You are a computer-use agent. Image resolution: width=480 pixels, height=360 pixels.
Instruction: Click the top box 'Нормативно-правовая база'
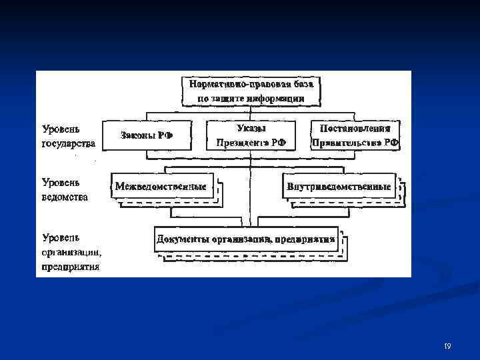[x=251, y=91]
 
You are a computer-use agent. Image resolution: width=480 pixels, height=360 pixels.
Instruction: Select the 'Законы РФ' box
[x=147, y=135]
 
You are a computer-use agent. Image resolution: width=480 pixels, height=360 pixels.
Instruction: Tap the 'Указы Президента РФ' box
[x=251, y=135]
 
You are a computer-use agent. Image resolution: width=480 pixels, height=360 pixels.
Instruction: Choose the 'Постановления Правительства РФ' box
[x=355, y=135]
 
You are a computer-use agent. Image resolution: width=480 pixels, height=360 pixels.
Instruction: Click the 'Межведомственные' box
[x=161, y=186]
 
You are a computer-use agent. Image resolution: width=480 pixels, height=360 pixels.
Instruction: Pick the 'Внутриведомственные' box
[x=339, y=186]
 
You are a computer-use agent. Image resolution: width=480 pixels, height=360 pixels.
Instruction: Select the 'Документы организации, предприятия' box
[x=245, y=239]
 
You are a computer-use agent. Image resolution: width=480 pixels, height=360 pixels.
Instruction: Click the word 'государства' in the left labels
[x=69, y=143]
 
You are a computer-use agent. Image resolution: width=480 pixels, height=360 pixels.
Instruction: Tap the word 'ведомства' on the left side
[x=65, y=197]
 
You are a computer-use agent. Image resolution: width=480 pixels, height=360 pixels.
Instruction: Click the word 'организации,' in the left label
[x=71, y=252]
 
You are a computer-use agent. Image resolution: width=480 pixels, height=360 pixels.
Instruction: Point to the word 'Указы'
[x=251, y=127]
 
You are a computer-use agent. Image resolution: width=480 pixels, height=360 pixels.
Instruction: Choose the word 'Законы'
[x=137, y=135]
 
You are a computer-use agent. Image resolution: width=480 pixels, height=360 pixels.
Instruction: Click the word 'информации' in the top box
[x=275, y=99]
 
